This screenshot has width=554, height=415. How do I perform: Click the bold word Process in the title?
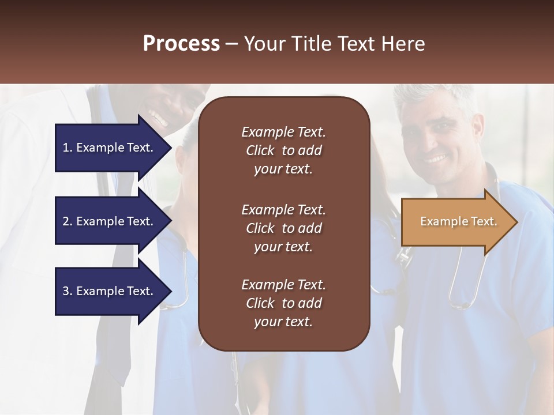point(181,44)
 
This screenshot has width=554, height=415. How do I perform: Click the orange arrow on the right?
point(456,222)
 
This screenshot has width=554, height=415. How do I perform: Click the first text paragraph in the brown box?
point(283,150)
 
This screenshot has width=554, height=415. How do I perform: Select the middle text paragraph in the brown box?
point(283,228)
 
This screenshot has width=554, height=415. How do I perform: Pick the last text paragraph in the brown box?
point(283,303)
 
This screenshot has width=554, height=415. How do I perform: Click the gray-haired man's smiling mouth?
point(435,157)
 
